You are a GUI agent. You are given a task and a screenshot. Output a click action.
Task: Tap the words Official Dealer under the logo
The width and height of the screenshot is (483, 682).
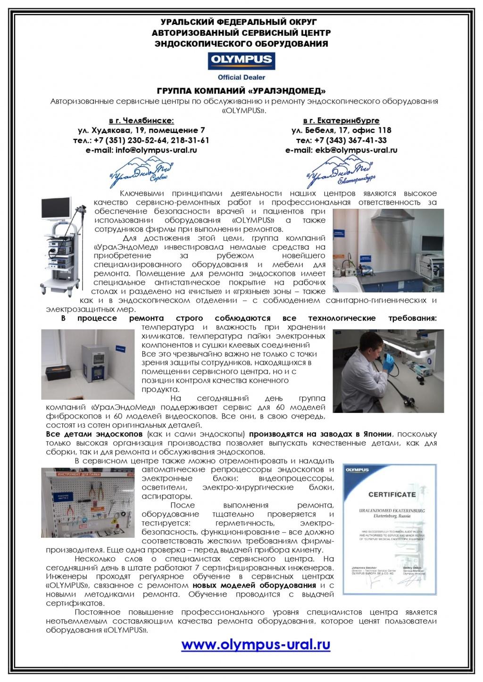pos(241,77)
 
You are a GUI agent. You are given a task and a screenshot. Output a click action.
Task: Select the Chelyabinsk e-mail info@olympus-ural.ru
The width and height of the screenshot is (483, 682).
pos(141,150)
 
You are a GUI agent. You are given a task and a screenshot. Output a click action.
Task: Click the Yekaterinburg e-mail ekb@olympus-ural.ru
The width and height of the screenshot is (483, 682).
pos(341,150)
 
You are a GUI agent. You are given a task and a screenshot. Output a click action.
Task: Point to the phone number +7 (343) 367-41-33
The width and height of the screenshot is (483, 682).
pos(341,140)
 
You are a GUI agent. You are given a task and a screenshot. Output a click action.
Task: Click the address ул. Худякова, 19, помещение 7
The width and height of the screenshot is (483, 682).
pos(141,131)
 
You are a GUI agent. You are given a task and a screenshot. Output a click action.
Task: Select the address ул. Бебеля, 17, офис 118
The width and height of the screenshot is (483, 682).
pos(341,131)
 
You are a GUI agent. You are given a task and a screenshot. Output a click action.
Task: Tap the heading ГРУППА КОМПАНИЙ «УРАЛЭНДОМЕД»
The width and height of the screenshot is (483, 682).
pos(241,90)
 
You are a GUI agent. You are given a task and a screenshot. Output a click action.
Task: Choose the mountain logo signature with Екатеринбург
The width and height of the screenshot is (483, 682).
pos(341,171)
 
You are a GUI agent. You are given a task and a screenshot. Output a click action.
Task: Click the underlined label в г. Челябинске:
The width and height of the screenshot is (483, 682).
pos(141,121)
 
